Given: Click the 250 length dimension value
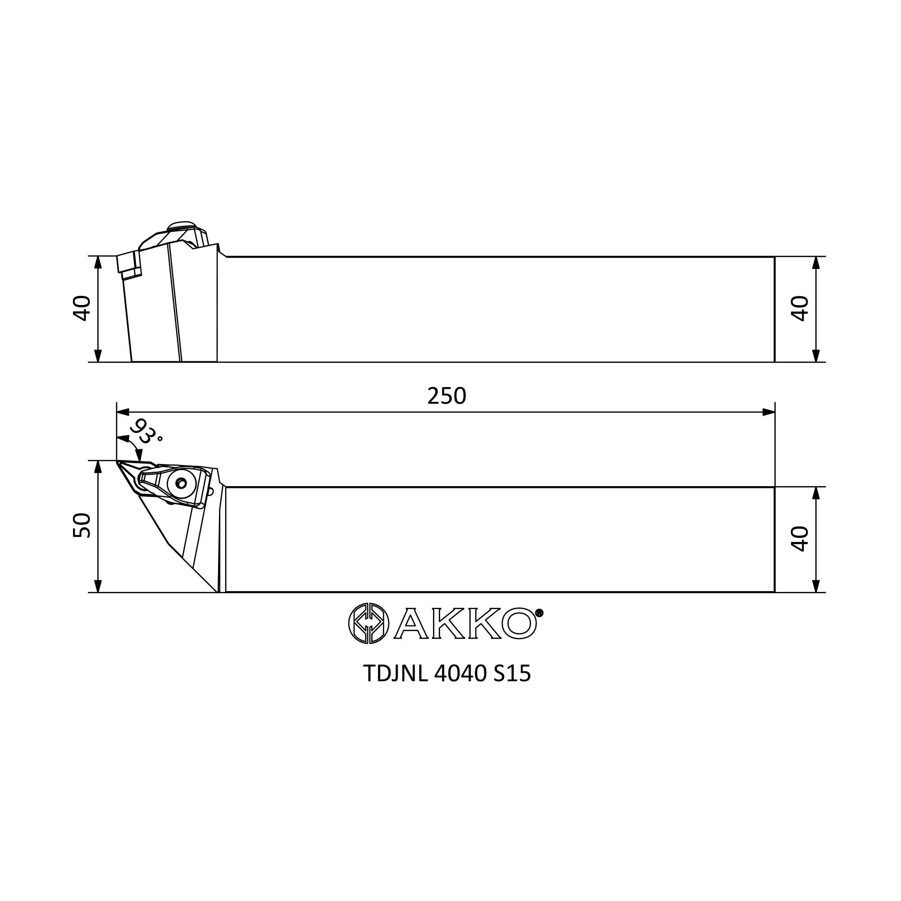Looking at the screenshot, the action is click(x=446, y=396).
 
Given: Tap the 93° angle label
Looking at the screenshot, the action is click(x=146, y=432).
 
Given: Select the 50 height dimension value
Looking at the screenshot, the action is click(x=82, y=526).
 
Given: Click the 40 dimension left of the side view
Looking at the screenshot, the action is click(x=82, y=308).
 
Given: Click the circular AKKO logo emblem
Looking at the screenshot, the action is click(x=369, y=623).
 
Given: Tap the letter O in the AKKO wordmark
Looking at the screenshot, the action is click(x=519, y=623).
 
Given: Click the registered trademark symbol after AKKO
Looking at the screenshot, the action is click(x=540, y=613).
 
